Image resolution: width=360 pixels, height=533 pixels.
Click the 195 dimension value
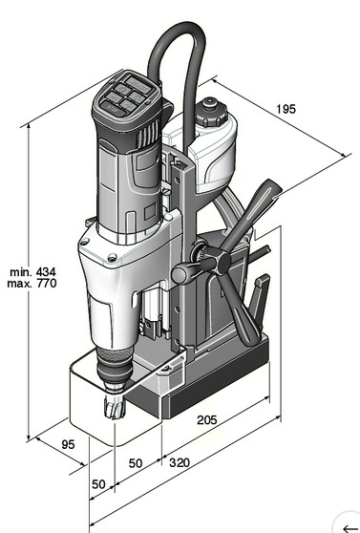[x=286, y=109]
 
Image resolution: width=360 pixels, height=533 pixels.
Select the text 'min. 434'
[x=32, y=272]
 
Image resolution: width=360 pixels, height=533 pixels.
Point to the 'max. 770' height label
[x=32, y=283]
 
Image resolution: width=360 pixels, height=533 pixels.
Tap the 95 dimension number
[x=68, y=444]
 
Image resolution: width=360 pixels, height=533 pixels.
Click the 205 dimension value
[x=206, y=420]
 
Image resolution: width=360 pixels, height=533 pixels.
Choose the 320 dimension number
[x=180, y=462]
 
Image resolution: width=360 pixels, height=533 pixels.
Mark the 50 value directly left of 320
[x=136, y=463]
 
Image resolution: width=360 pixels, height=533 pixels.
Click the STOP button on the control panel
[x=112, y=110]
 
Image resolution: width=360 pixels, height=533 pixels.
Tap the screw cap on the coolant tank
[x=211, y=112]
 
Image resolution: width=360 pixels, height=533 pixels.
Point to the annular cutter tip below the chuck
[x=115, y=407]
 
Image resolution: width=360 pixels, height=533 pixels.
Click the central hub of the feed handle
[x=221, y=261]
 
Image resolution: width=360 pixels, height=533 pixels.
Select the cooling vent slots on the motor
[x=149, y=134]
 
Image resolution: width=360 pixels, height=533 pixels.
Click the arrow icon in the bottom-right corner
[x=351, y=527]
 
